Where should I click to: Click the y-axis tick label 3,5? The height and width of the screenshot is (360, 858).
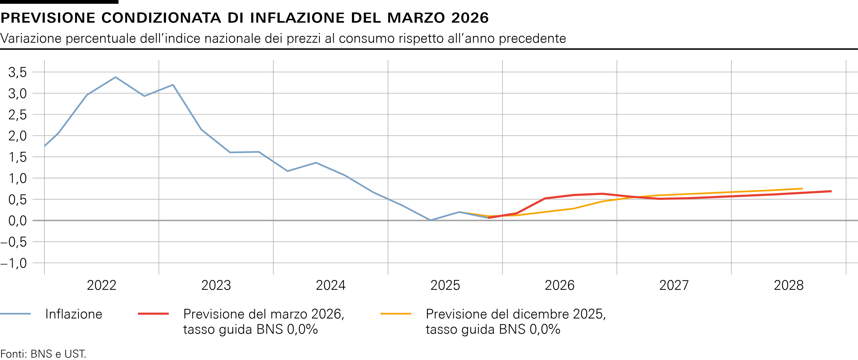[17, 72]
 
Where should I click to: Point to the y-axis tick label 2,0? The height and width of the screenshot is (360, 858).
[17, 136]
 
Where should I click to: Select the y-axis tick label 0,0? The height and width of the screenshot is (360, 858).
[17, 221]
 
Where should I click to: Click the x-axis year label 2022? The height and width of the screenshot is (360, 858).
[102, 285]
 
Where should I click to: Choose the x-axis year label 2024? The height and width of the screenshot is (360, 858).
[330, 285]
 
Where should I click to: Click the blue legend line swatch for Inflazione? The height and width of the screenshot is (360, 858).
[15, 314]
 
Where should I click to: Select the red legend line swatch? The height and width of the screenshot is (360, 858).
[153, 314]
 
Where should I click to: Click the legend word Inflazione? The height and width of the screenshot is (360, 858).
[74, 314]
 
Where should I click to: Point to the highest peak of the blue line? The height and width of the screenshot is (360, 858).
[115, 77]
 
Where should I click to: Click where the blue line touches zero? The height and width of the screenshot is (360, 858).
[430, 220]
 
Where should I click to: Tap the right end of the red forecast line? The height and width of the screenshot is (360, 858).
[831, 191]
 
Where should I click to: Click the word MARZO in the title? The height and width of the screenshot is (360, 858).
[416, 18]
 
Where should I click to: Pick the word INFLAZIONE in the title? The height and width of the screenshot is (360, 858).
[297, 18]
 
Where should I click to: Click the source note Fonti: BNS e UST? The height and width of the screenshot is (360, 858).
[43, 354]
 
